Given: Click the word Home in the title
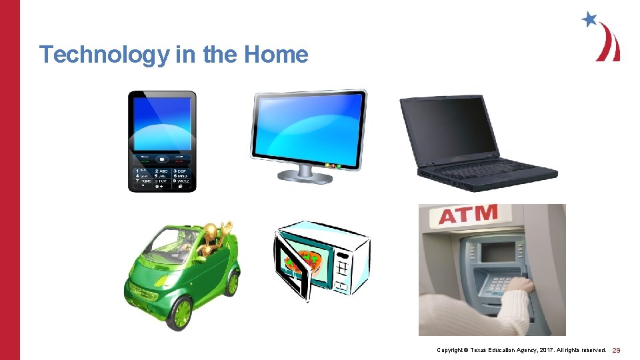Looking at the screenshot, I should tap(276, 54).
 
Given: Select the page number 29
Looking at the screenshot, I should tap(617, 350).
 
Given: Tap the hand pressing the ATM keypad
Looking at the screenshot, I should tap(519, 287).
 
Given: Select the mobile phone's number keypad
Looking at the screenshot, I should tap(162, 177).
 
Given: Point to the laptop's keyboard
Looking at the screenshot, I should tap(490, 169).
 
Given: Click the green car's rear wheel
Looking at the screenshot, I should tap(231, 283).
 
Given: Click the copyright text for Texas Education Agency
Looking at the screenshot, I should tap(521, 350).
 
